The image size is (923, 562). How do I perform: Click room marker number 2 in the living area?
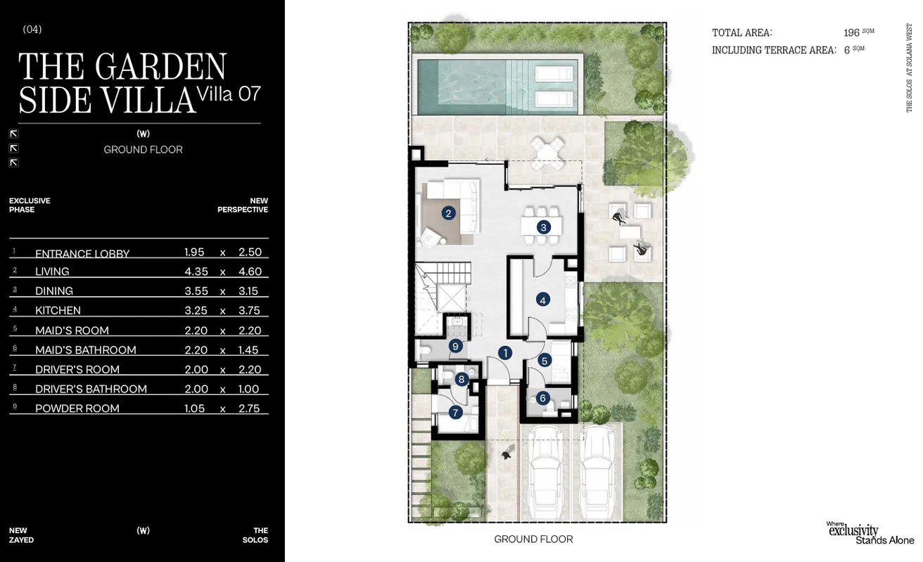pyautogui.click(x=447, y=212)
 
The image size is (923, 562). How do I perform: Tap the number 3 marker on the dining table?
pyautogui.click(x=543, y=226)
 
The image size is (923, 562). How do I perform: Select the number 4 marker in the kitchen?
pyautogui.click(x=542, y=300)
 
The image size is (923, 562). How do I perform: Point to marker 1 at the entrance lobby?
pyautogui.click(x=504, y=353)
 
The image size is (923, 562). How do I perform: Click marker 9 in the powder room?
pyautogui.click(x=455, y=345)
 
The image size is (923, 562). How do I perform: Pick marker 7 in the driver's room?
pyautogui.click(x=455, y=412)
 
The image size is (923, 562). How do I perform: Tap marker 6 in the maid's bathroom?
pyautogui.click(x=542, y=398)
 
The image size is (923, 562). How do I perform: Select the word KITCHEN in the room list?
pyautogui.click(x=58, y=310)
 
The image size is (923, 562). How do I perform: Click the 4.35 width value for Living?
pyautogui.click(x=196, y=272)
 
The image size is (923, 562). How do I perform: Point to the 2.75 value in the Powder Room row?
pyautogui.click(x=248, y=408)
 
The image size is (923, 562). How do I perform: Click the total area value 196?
pyautogui.click(x=851, y=32)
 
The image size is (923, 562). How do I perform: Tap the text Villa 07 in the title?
pyautogui.click(x=229, y=94)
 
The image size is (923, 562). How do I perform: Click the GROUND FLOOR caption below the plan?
pyautogui.click(x=533, y=539)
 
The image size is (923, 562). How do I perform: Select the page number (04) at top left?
pyautogui.click(x=32, y=30)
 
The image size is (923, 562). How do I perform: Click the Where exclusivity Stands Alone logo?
pyautogui.click(x=869, y=533)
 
